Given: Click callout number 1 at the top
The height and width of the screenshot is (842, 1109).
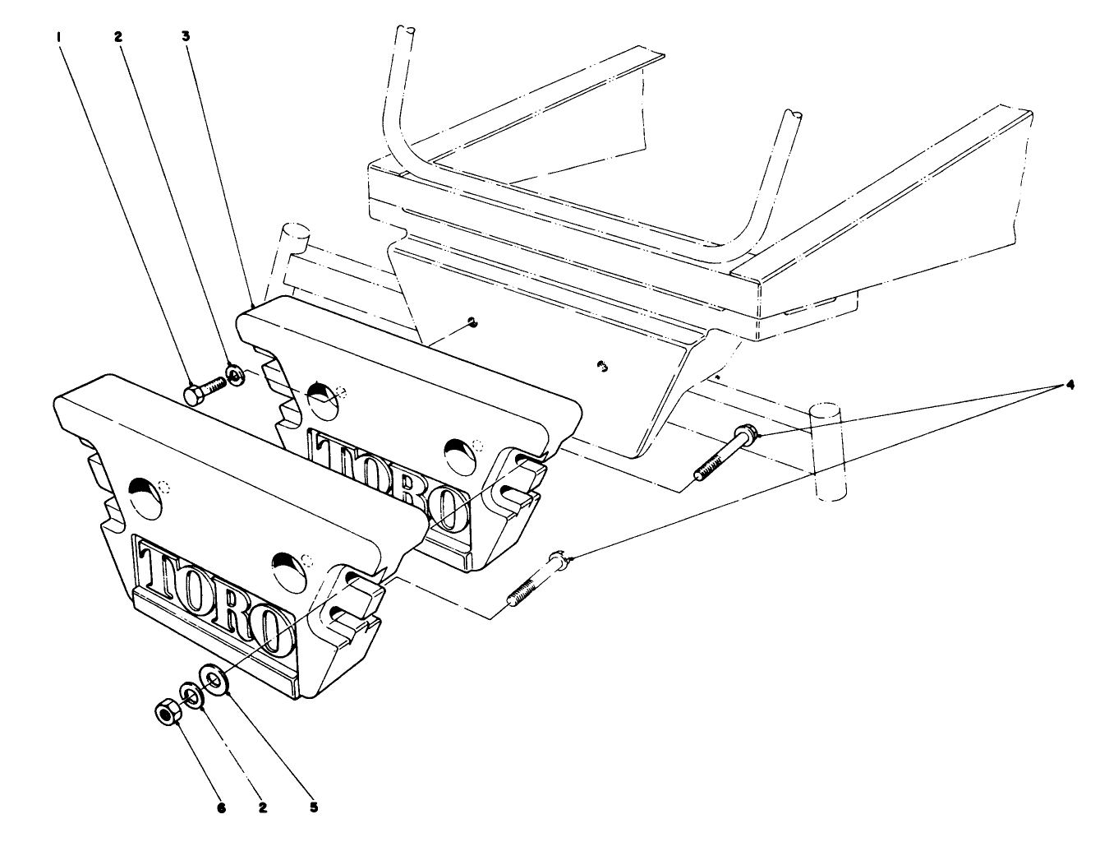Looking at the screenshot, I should click(x=58, y=37).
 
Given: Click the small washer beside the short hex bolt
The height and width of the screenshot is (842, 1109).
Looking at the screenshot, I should click(x=235, y=377).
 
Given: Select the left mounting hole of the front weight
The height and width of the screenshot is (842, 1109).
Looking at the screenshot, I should click(x=145, y=496).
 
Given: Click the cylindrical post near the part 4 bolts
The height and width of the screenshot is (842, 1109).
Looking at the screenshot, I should click(x=826, y=451).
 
